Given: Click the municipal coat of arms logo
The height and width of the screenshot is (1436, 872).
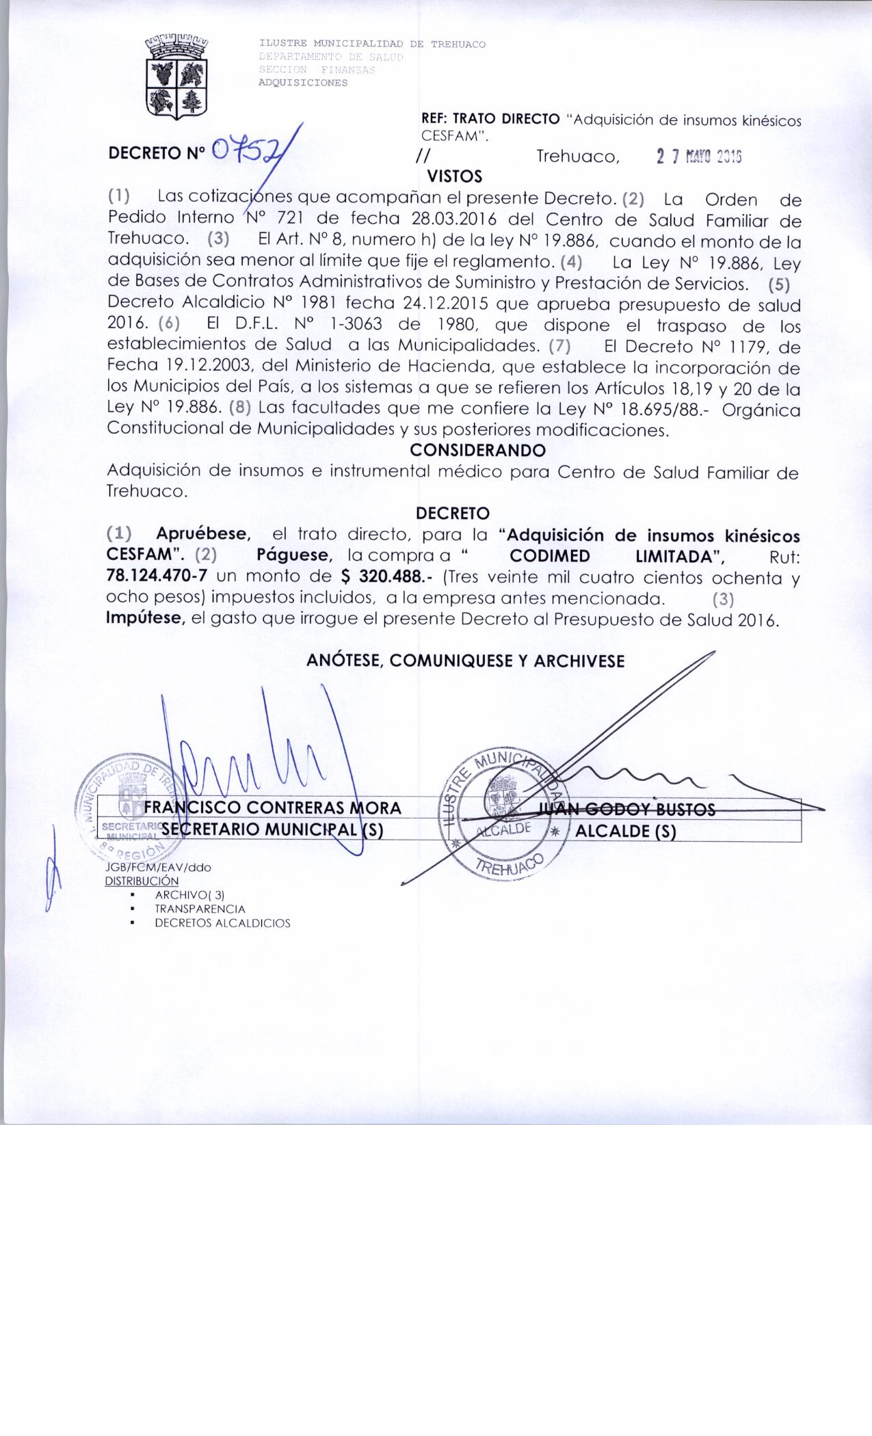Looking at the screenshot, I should (178, 77).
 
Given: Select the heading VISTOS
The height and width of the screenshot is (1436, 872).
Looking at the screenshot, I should (454, 176).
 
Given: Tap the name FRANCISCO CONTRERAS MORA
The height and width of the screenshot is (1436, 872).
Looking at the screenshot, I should (272, 808).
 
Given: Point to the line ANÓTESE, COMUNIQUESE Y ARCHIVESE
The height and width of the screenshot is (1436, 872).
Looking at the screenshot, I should (465, 661).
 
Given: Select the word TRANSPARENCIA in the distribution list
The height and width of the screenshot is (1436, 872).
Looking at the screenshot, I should (200, 909).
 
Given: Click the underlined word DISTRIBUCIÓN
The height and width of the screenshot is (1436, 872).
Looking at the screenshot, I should (141, 881).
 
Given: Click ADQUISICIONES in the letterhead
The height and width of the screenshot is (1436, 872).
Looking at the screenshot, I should (302, 83).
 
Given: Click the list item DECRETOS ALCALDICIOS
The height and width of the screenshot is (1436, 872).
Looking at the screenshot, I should (222, 923).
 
